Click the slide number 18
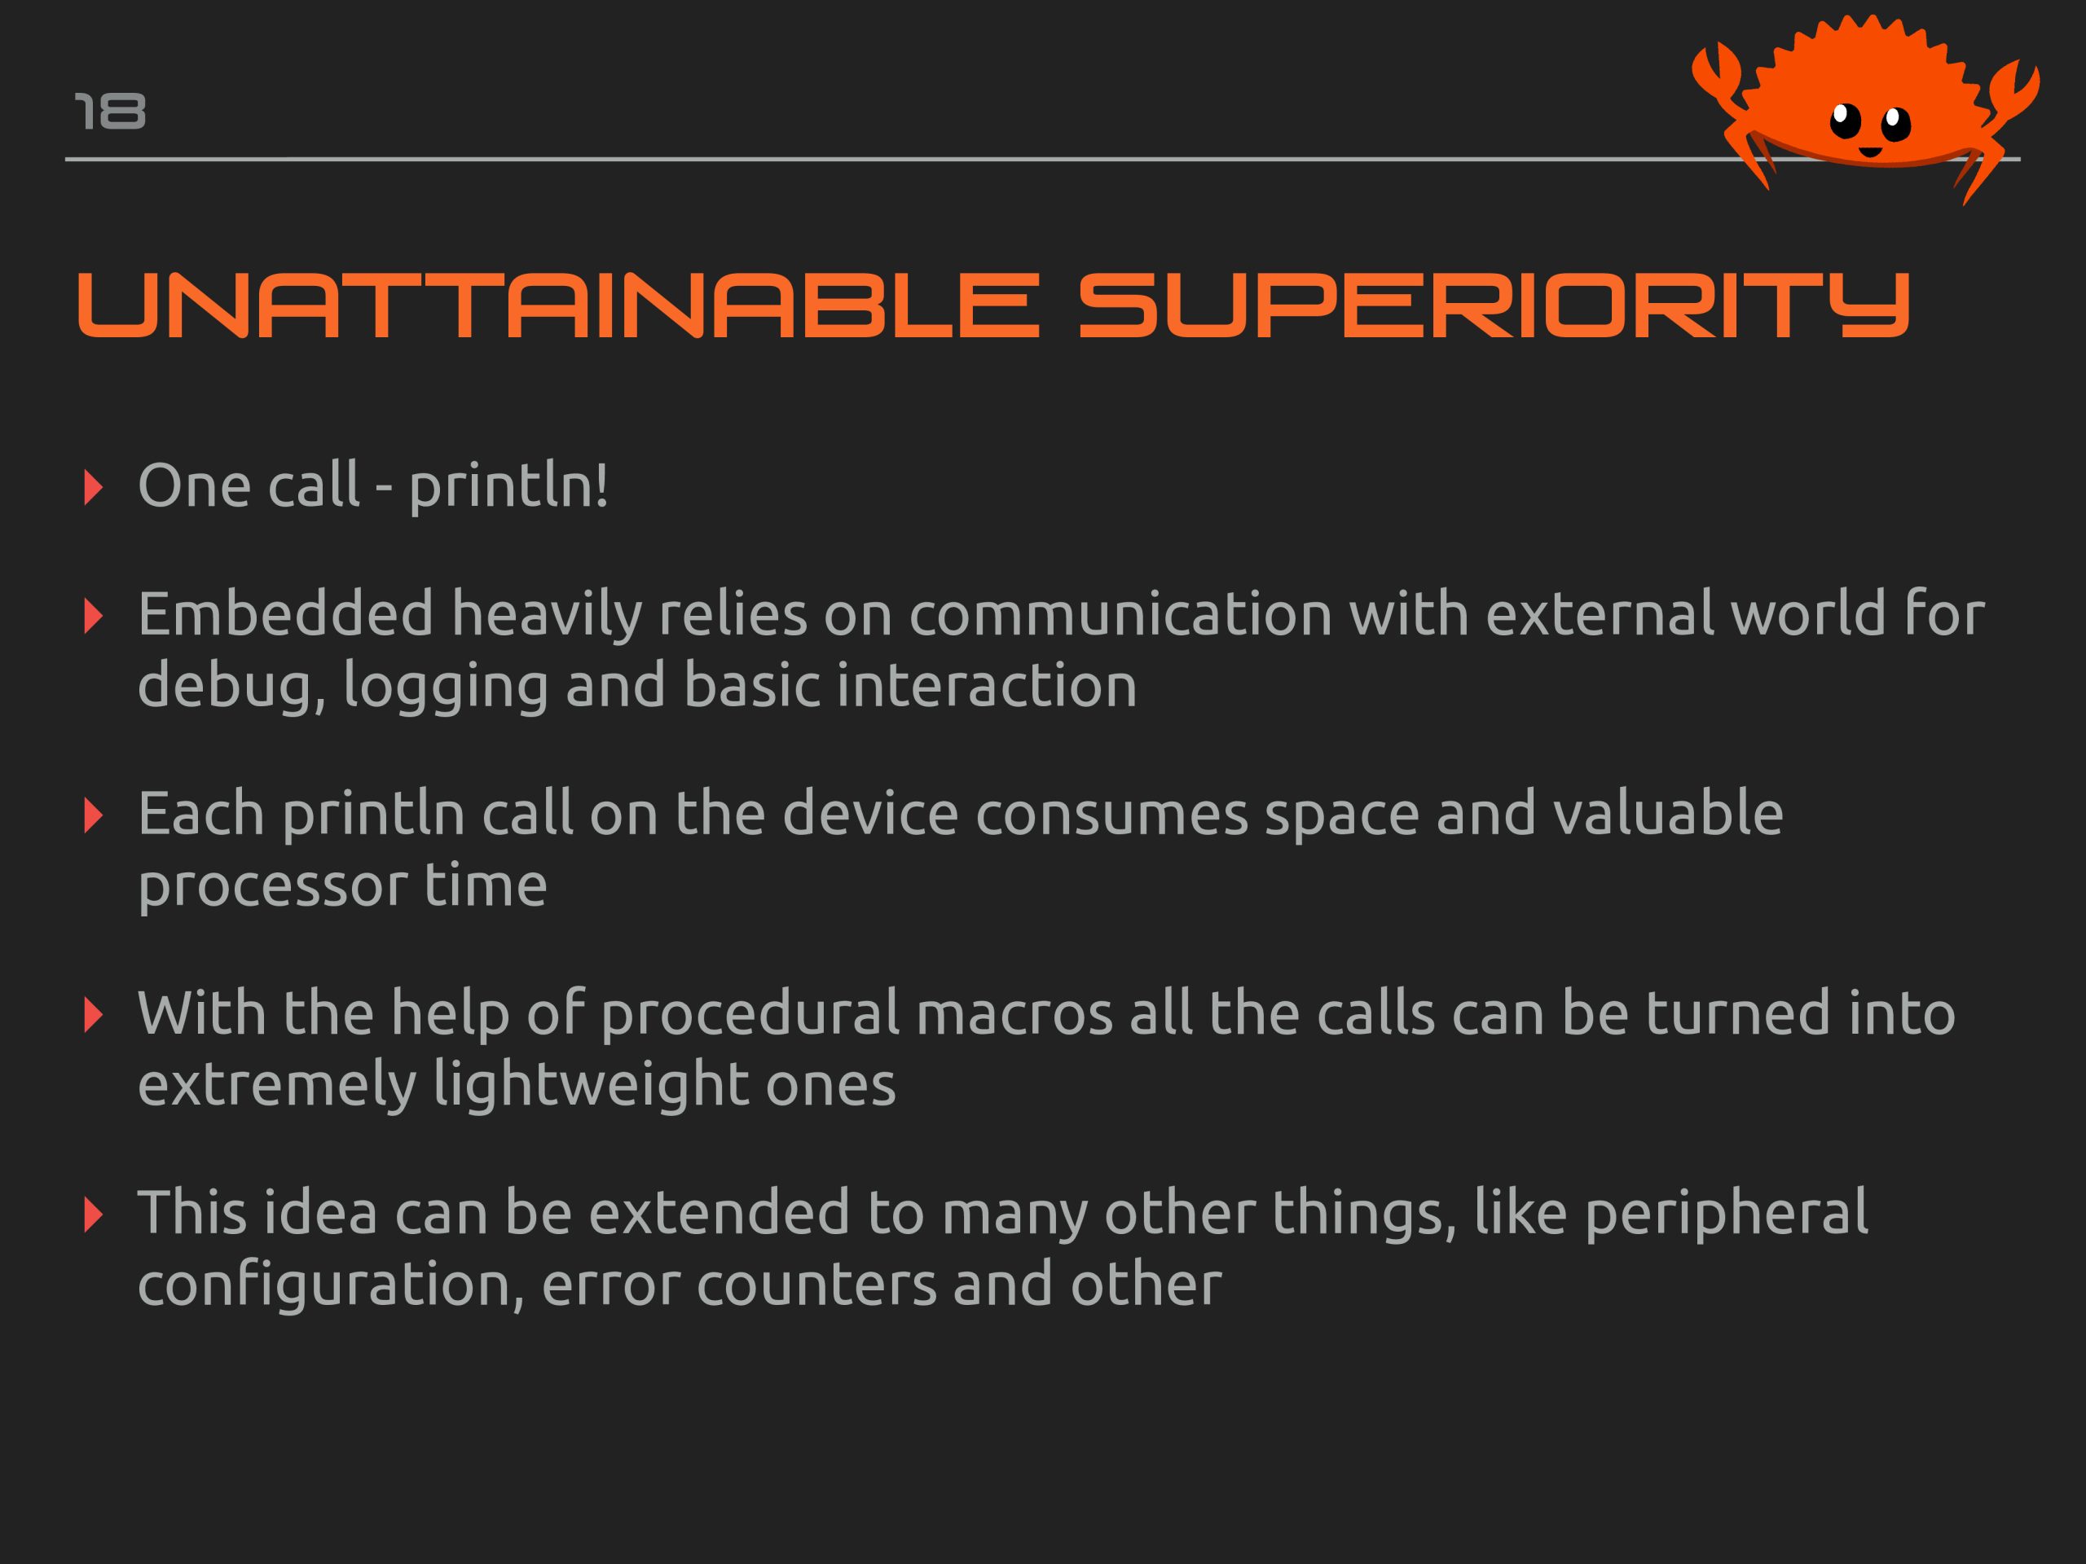click(110, 112)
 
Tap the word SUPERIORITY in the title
click(1494, 305)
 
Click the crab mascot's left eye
click(1846, 120)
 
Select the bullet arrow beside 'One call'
click(92, 488)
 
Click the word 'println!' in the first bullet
click(508, 486)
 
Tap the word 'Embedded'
click(286, 613)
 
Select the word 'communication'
click(1120, 613)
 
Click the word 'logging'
click(445, 687)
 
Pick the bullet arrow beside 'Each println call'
click(92, 815)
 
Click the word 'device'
click(870, 813)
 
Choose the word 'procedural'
click(750, 1014)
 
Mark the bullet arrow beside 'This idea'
click(92, 1215)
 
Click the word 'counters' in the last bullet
click(816, 1285)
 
